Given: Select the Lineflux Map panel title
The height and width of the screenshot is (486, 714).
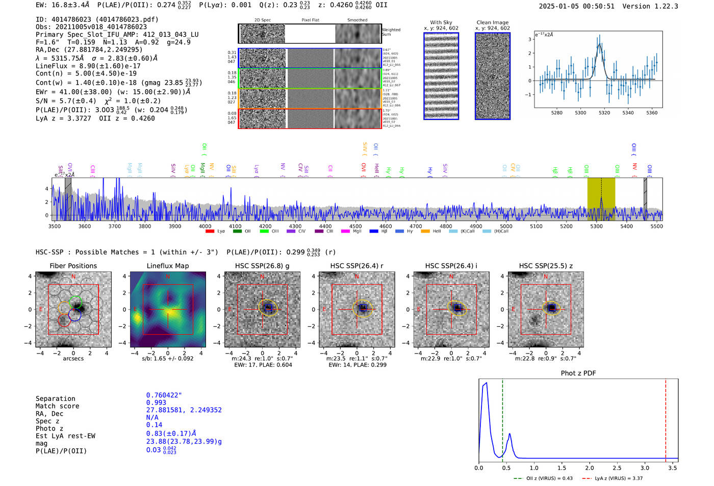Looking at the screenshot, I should point(167,266).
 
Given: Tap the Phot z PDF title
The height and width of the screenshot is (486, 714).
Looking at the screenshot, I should point(578,373).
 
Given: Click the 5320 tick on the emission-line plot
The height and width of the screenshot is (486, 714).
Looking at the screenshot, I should point(604,113).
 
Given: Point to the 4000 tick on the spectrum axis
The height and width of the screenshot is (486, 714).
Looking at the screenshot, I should point(205,226).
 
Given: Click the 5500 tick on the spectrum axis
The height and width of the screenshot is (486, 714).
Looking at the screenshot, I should point(656,226).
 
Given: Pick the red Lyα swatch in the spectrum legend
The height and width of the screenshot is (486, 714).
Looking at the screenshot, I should point(210,232).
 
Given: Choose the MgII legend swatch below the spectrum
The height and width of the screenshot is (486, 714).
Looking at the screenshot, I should point(345,232).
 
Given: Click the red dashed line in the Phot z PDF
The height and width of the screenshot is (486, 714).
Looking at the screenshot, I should point(666,418).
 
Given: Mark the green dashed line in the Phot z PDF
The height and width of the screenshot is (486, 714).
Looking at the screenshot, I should point(502,418).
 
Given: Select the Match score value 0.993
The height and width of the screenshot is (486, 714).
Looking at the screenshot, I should point(156,403).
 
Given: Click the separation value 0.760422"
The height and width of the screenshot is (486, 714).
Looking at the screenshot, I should point(164,395).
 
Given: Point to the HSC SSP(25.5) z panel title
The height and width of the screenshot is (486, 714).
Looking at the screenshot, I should point(546,266).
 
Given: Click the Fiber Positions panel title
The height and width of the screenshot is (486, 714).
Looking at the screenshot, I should point(73,266).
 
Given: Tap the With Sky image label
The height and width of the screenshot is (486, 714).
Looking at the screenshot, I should point(441,22).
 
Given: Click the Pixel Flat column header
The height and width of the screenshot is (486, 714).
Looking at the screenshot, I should point(310,20).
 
